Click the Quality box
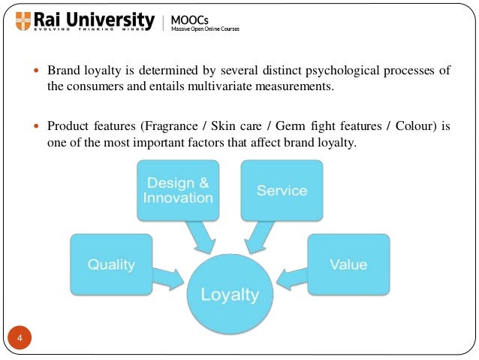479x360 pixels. [x=110, y=264]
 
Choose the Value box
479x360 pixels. [x=348, y=264]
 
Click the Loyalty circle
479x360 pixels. [x=230, y=294]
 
